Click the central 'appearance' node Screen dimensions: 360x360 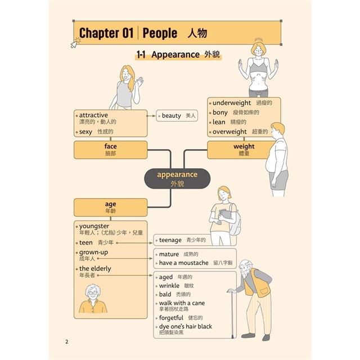click(x=177, y=179)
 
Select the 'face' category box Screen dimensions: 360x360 click(x=110, y=150)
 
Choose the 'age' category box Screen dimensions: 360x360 click(x=110, y=208)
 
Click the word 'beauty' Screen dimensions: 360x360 click(x=171, y=116)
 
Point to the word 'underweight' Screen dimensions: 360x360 click(x=231, y=103)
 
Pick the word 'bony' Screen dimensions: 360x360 click(x=220, y=112)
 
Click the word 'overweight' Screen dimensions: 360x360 click(x=229, y=132)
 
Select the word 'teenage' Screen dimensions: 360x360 click(x=170, y=240)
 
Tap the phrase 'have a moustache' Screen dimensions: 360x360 click(x=184, y=263)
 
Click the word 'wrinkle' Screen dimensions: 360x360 click(x=169, y=286)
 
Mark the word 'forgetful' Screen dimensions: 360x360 click(x=171, y=318)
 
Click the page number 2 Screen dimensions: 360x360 click(x=67, y=341)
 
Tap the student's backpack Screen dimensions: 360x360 click(x=235, y=220)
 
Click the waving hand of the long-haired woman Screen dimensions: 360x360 click(x=139, y=82)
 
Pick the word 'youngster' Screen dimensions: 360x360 click(x=94, y=226)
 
